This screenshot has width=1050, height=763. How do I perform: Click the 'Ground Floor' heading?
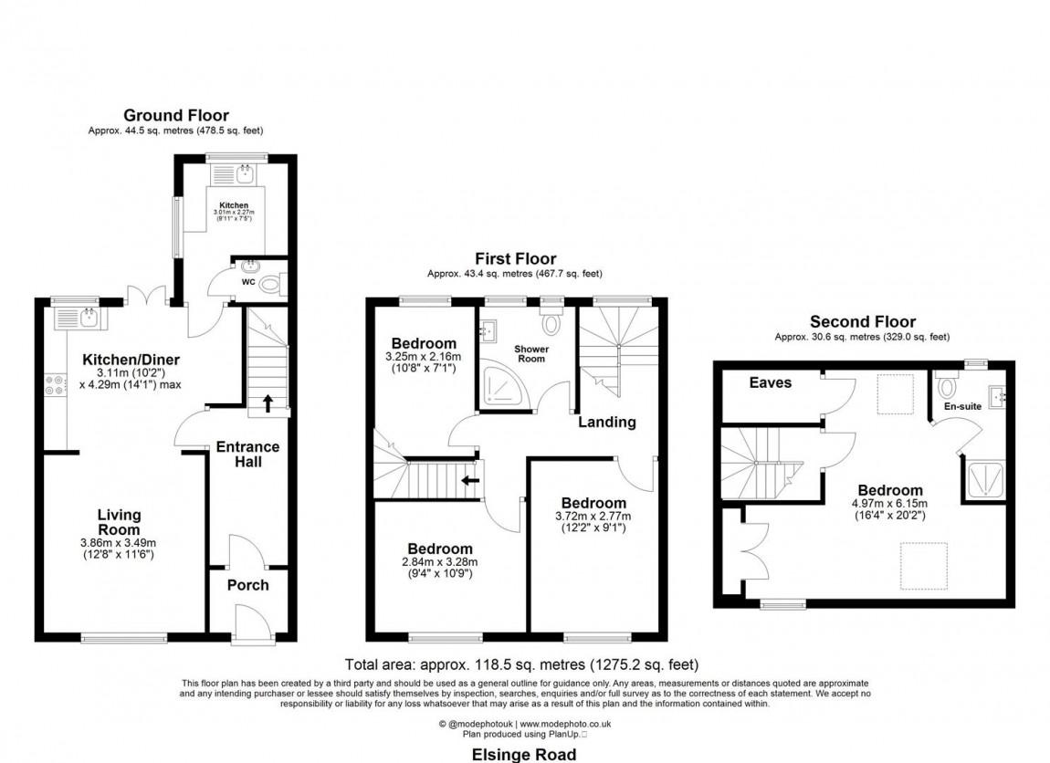(176, 115)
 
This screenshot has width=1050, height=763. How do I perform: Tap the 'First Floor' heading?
(515, 259)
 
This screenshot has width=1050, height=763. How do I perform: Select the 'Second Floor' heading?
(863, 321)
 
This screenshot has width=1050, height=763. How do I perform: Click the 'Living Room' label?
(120, 523)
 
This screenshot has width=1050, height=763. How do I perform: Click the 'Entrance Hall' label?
(247, 455)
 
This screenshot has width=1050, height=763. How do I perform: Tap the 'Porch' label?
(247, 585)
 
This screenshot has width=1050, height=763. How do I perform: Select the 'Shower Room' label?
(530, 353)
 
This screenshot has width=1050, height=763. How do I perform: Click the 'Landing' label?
(607, 422)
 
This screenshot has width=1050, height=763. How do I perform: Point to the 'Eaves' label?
(769, 382)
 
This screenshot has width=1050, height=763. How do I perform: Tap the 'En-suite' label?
(963, 405)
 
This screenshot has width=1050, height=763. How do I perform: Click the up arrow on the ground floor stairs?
(267, 402)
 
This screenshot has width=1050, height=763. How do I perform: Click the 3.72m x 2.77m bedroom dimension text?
(593, 517)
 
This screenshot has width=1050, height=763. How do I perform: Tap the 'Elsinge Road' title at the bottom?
(523, 754)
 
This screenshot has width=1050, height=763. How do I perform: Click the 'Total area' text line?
(521, 664)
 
